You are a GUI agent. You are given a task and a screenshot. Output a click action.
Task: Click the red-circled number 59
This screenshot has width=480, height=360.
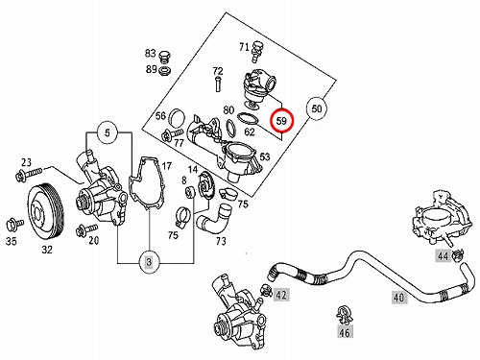pyautogui.click(x=281, y=121)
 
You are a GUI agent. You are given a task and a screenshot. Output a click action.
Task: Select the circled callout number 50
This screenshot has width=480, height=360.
pyautogui.click(x=316, y=108)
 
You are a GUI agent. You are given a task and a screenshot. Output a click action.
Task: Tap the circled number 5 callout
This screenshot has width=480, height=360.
pyautogui.click(x=108, y=132)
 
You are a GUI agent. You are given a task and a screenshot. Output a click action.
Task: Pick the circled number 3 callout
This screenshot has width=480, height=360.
pyautogui.click(x=149, y=262)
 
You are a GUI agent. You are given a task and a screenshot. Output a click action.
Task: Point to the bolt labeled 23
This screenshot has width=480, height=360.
pyautogui.click(x=28, y=174)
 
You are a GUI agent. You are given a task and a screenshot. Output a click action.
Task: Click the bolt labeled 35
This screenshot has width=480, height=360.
pyautogui.click(x=14, y=225)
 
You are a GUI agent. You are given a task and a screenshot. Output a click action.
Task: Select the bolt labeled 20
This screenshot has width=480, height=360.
pyautogui.click(x=86, y=230)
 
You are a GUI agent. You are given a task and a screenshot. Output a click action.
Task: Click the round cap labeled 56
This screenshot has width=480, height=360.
pyautogui.click(x=178, y=118)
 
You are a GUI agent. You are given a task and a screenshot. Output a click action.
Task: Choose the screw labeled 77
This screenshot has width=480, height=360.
pyautogui.click(x=172, y=134)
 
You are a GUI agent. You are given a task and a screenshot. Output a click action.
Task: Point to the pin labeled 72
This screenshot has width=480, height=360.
pyautogui.click(x=218, y=83)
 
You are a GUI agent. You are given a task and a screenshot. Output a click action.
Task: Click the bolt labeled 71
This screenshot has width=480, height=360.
pyautogui.click(x=256, y=51)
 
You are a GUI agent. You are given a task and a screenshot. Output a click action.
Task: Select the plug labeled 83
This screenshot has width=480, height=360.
pyautogui.click(x=164, y=57)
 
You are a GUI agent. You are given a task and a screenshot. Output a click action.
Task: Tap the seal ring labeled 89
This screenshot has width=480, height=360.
pyautogui.click(x=164, y=70)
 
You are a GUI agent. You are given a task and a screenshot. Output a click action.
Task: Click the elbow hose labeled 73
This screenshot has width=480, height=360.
pyautogui.click(x=214, y=221)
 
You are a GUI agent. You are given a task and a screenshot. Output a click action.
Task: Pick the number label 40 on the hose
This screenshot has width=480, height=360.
pyautogui.click(x=399, y=298)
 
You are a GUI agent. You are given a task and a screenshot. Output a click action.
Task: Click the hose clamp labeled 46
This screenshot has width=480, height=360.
pyautogui.click(x=344, y=315)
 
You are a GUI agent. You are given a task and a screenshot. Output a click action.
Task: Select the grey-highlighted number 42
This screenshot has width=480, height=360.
pyautogui.click(x=281, y=294)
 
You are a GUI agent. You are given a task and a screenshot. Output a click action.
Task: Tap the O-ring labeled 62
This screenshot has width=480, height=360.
pyautogui.click(x=248, y=119)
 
